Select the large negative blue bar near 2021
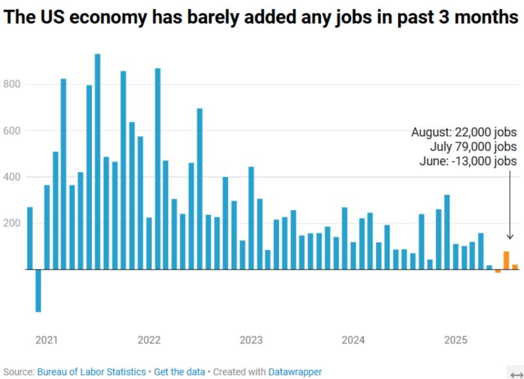click(38, 290)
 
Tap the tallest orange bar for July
click(506, 260)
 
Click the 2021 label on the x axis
click(47, 340)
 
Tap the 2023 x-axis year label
click(252, 340)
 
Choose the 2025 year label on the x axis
click(456, 340)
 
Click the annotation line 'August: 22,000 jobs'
click(464, 132)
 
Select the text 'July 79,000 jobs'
click(474, 147)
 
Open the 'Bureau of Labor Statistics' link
click(91, 372)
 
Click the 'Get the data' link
click(179, 372)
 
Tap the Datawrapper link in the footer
click(295, 372)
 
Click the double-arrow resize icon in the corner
click(515, 371)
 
